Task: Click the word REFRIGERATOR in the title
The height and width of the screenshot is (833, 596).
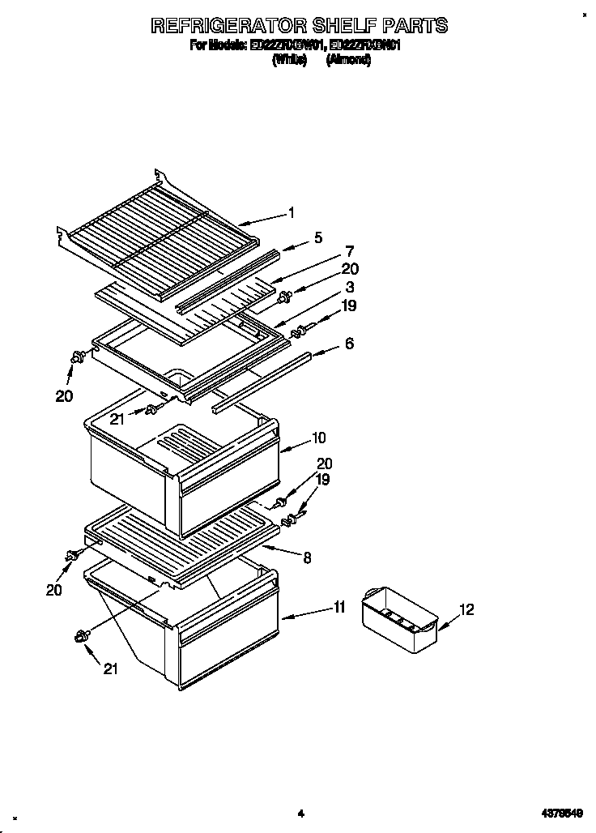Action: click(230, 26)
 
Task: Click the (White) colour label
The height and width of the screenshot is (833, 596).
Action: click(289, 60)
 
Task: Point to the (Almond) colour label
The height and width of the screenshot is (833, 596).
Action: click(348, 60)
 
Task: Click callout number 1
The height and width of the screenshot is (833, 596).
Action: click(292, 213)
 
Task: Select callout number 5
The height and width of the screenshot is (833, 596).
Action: click(318, 237)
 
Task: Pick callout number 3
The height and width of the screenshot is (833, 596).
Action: click(350, 287)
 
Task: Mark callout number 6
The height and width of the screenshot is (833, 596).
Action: click(349, 344)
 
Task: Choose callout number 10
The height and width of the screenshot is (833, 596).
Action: click(319, 438)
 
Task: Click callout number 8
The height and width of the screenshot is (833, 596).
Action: click(307, 557)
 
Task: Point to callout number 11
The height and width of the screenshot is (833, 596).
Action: click(339, 606)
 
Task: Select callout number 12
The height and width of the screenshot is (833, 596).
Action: click(466, 609)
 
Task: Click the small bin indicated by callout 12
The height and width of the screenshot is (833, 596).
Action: click(398, 620)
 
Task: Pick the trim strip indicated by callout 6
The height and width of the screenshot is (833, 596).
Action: click(259, 381)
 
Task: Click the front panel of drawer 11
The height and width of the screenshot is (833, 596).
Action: click(227, 648)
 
